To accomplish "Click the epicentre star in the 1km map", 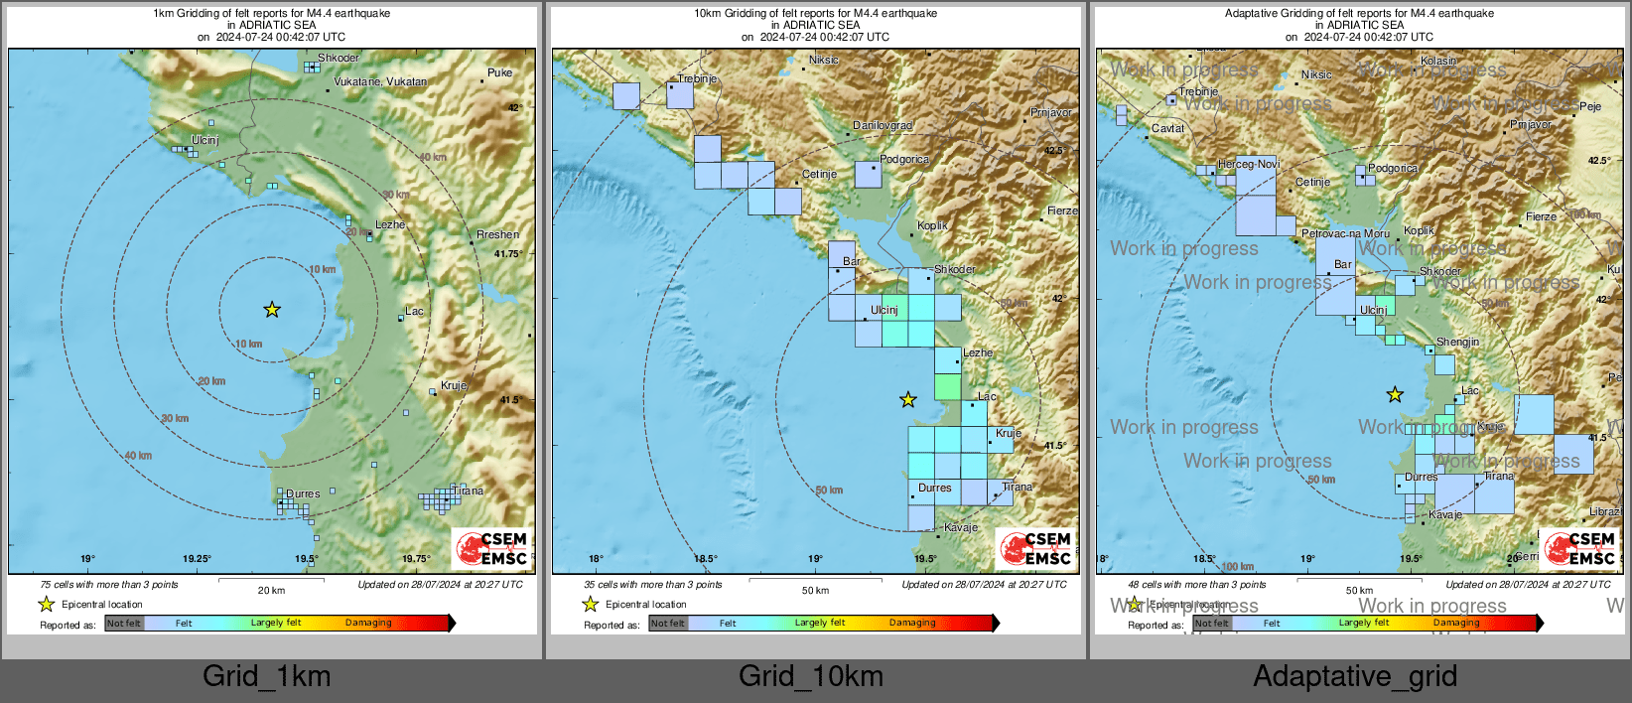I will click(272, 310).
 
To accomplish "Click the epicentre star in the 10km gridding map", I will click(908, 400).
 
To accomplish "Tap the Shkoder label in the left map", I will click(339, 59).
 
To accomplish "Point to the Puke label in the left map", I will click(499, 72).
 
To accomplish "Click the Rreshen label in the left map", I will click(497, 235).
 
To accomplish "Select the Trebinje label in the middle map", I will click(697, 78).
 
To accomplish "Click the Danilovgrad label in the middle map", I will click(883, 126).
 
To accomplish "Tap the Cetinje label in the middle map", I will click(819, 175).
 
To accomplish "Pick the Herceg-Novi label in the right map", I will click(1249, 164).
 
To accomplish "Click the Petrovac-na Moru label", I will click(1345, 234).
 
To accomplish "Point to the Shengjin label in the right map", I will click(1457, 342).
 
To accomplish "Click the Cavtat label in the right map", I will click(1167, 128).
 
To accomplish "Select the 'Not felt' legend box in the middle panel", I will click(668, 624).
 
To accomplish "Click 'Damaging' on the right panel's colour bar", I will click(1456, 623).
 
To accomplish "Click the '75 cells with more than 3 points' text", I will click(109, 585).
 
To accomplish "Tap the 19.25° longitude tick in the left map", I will click(197, 559).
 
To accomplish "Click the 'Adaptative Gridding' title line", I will click(1359, 13).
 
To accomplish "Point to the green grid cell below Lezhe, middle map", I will click(947, 387).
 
